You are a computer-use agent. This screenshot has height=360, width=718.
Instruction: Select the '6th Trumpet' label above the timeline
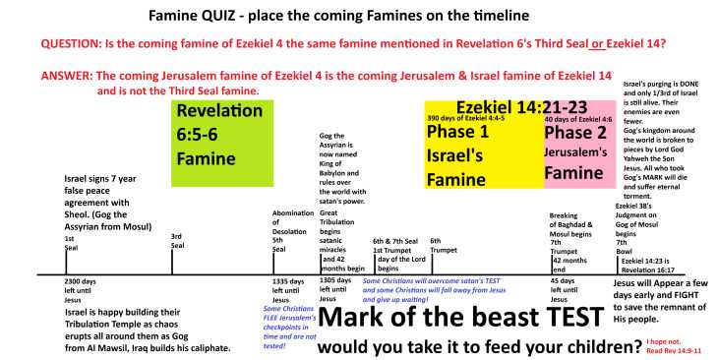click(442, 245)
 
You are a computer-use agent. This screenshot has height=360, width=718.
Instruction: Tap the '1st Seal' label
click(69, 243)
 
